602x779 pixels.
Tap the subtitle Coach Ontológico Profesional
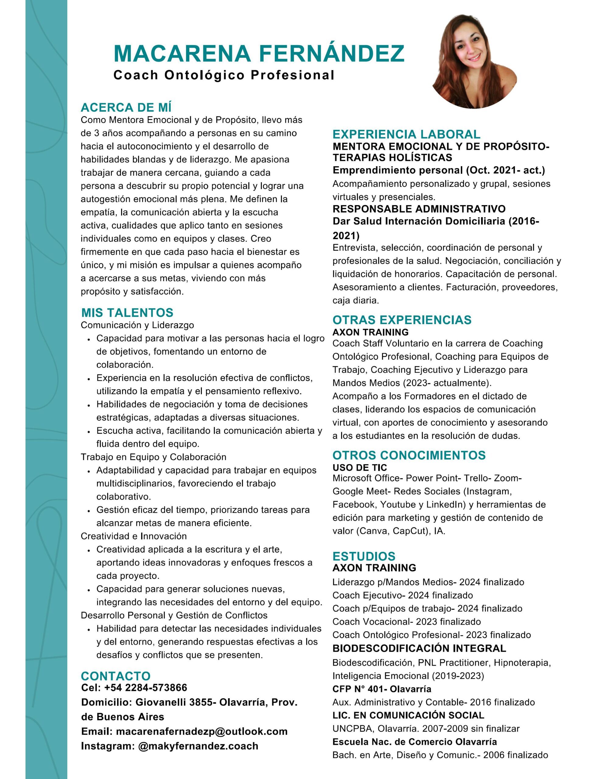[x=224, y=75]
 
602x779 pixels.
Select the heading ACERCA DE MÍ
[x=126, y=107]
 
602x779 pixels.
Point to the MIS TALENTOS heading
[x=127, y=313]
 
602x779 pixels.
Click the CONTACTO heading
[x=116, y=676]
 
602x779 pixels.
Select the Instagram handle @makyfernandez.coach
[x=198, y=746]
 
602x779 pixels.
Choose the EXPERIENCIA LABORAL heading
[x=406, y=134]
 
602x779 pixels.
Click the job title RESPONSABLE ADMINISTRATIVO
[x=419, y=208]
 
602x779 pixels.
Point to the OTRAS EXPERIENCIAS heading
[x=402, y=320]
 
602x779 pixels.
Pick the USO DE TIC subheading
[x=360, y=467]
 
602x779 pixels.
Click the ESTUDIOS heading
[x=364, y=556]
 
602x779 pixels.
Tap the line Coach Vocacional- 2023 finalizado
[x=406, y=622]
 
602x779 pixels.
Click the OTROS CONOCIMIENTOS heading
[x=409, y=455]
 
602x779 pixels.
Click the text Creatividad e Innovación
[x=134, y=536]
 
